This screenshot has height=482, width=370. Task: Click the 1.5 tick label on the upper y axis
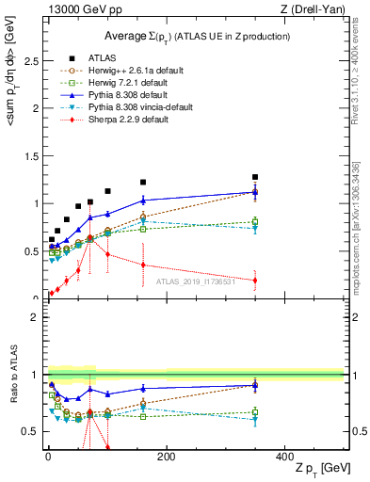coord(31,155)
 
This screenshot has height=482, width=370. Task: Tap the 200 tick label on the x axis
coord(166,456)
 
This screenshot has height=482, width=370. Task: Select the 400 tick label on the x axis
coord(284,456)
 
